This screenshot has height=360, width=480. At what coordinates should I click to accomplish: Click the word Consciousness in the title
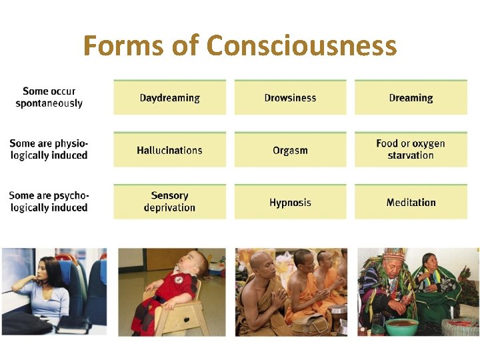coord(301,46)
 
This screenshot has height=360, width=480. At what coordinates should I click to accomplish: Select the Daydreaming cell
coord(169,98)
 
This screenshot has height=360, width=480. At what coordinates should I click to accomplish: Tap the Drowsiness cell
coord(290,98)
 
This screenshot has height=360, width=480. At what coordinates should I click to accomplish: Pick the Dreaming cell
coord(411,98)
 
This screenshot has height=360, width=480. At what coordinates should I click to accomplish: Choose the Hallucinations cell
coord(169,150)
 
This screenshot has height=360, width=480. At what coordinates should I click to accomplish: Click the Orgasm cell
coord(290,150)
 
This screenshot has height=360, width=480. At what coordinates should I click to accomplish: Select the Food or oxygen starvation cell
coord(411,149)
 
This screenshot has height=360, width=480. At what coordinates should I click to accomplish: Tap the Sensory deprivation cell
coord(169,201)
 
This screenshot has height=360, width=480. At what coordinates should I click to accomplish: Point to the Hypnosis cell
coord(290,202)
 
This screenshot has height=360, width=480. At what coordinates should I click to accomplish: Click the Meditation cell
coord(411,202)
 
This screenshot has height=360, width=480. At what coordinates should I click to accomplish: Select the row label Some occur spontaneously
coord(49,97)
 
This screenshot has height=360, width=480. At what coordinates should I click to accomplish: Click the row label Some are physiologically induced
coord(49,149)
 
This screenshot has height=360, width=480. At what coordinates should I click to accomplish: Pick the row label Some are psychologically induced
coord(49,201)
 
